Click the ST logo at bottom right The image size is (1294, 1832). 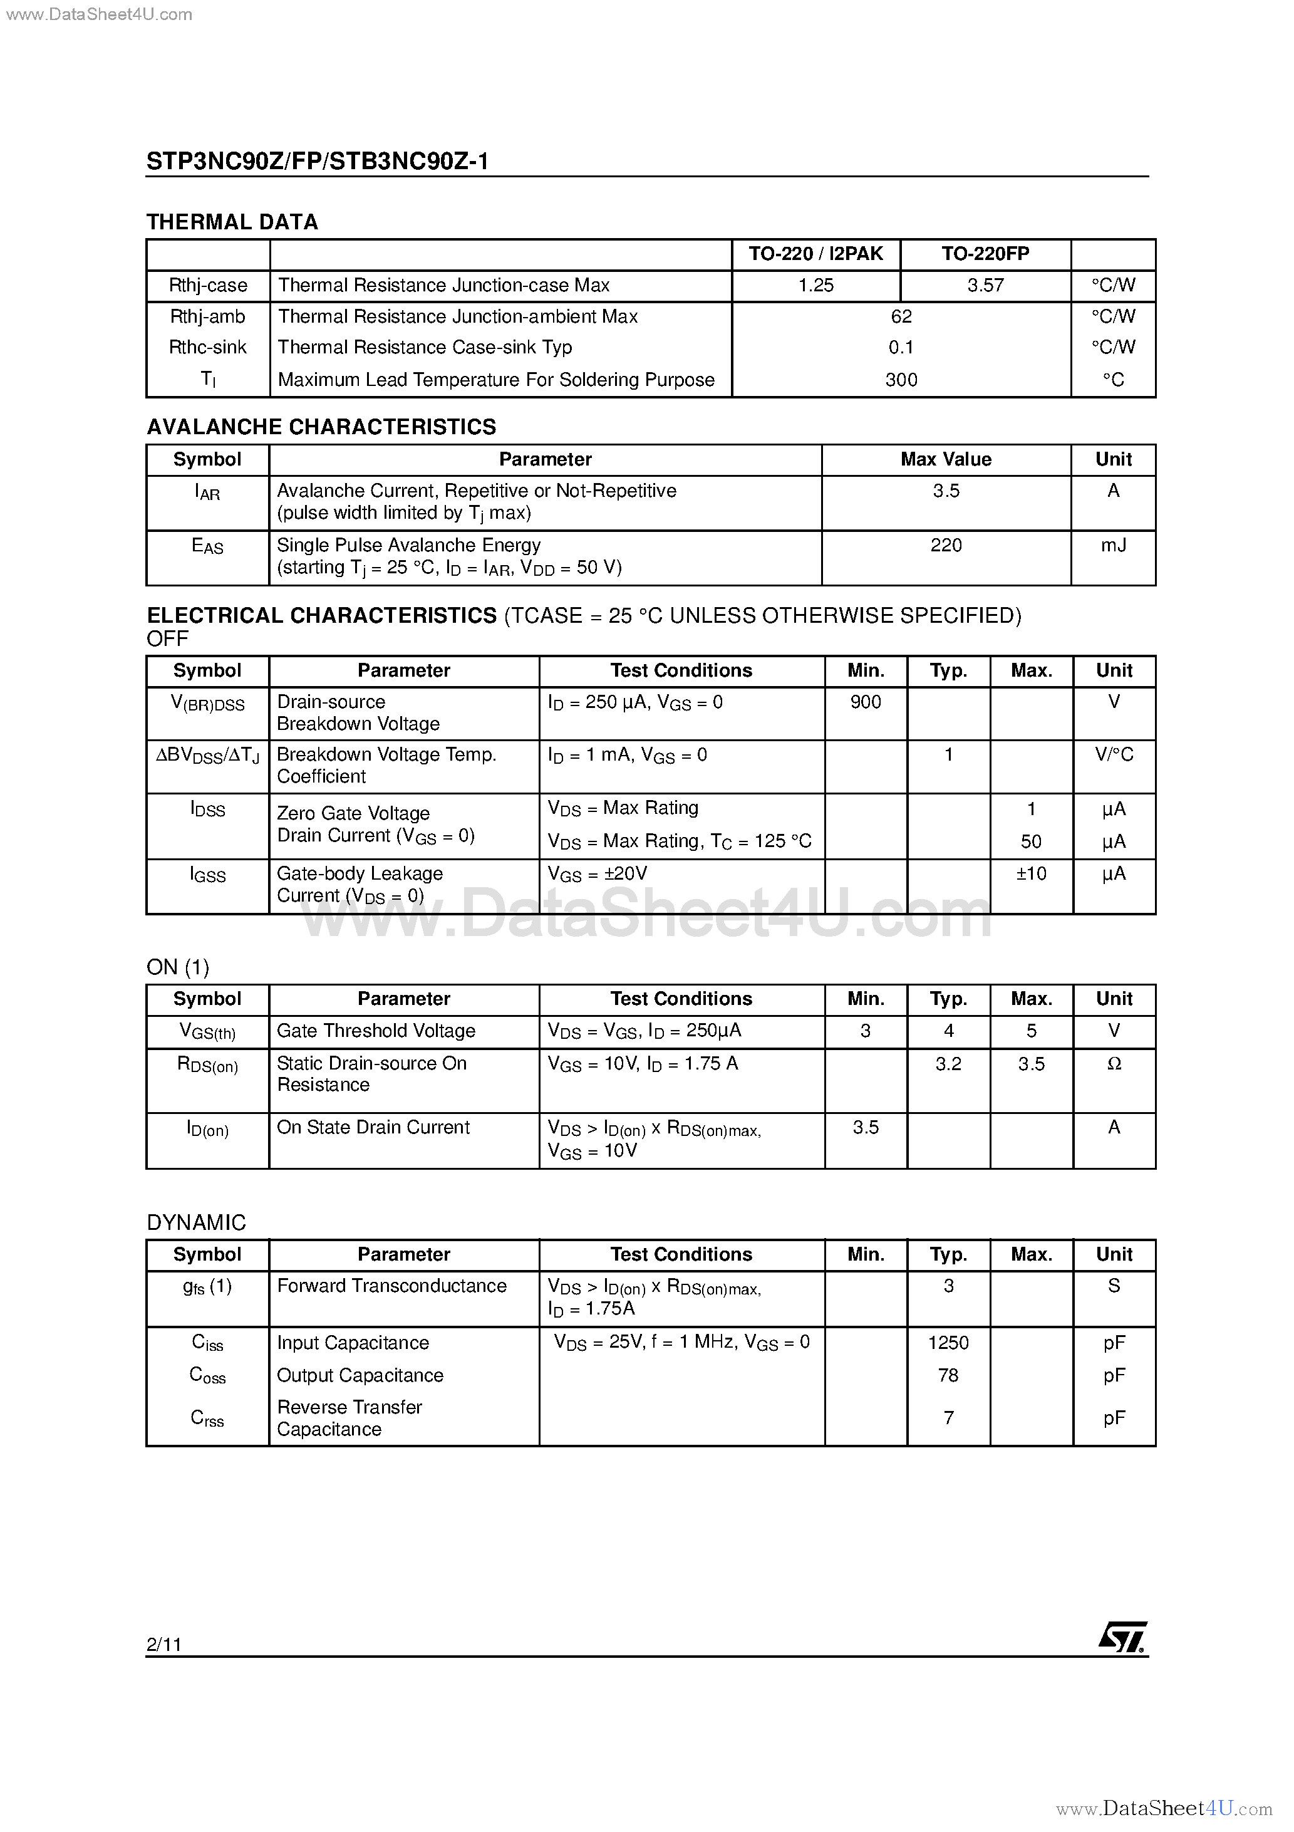(x=1122, y=1638)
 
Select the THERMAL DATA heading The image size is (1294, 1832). (x=232, y=222)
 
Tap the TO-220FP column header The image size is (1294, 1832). (x=985, y=254)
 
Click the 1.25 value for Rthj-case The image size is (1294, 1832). (x=815, y=285)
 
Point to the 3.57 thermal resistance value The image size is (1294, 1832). (x=985, y=285)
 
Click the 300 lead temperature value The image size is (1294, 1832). (x=901, y=380)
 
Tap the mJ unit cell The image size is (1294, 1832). (x=1113, y=545)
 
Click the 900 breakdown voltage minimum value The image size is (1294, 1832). (x=866, y=702)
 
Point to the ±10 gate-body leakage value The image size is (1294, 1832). (x=1031, y=874)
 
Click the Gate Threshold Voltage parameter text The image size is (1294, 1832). (x=376, y=1031)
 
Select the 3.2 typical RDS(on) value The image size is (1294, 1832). (x=948, y=1064)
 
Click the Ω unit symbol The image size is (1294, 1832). (x=1114, y=1064)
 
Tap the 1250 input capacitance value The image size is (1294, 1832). (x=948, y=1343)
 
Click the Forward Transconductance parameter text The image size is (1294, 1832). (x=391, y=1286)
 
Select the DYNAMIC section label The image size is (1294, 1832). (x=196, y=1222)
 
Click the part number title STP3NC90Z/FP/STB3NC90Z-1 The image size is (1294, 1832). (x=318, y=161)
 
